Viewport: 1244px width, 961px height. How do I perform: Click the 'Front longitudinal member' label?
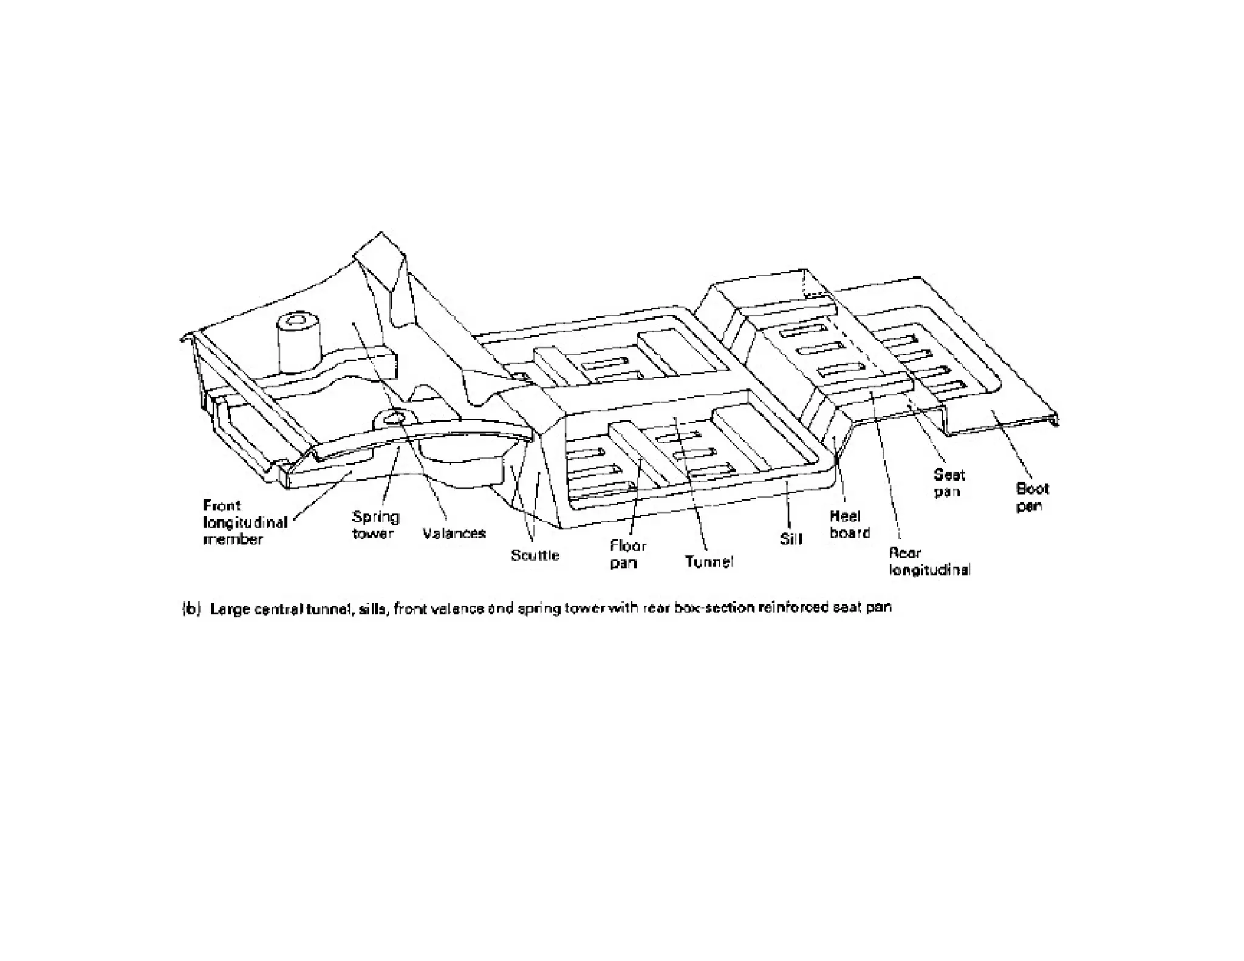[244, 522]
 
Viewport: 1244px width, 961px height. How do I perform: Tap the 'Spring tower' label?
[375, 525]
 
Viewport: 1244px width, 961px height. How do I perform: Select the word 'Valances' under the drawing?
[454, 534]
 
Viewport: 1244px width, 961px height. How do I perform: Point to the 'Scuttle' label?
[535, 555]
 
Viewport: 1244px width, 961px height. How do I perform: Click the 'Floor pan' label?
[627, 554]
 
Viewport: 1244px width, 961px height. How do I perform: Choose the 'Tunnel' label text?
[708, 562]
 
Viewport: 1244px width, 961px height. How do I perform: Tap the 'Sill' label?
[791, 539]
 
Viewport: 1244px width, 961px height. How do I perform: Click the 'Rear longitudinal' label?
[929, 561]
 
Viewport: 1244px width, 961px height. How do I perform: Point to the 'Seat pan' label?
[948, 483]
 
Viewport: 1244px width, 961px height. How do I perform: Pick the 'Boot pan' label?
[1032, 497]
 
